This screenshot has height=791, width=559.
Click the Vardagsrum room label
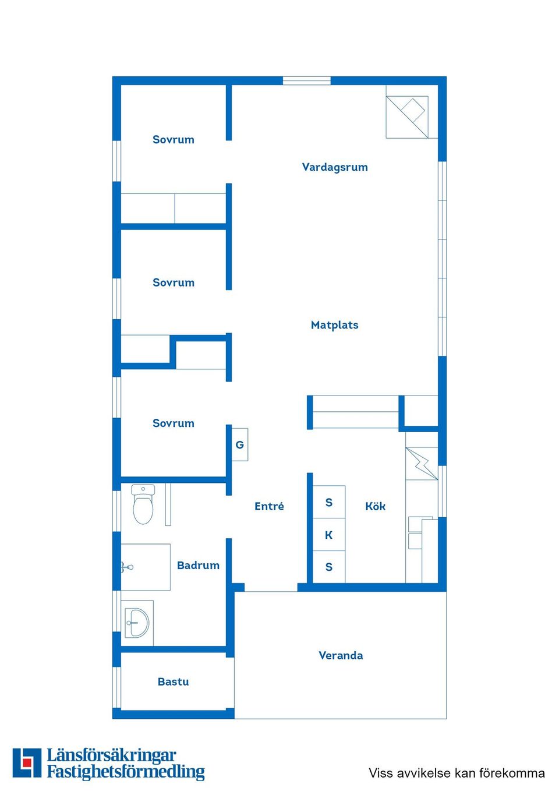click(335, 167)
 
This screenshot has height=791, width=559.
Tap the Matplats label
click(335, 325)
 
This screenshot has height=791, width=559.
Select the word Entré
click(269, 506)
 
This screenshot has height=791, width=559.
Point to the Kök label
click(375, 506)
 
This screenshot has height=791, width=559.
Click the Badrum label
click(198, 565)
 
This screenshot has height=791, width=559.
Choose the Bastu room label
click(173, 681)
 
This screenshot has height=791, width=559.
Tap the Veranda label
click(341, 655)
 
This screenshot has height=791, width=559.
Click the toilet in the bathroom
click(143, 504)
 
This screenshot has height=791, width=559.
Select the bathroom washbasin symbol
click(137, 623)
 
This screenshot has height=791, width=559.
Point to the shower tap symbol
click(127, 567)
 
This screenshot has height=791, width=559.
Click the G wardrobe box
click(240, 444)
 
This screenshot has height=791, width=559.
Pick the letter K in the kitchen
click(328, 535)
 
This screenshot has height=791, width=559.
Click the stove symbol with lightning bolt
click(422, 463)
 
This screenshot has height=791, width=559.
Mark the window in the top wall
click(307, 81)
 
